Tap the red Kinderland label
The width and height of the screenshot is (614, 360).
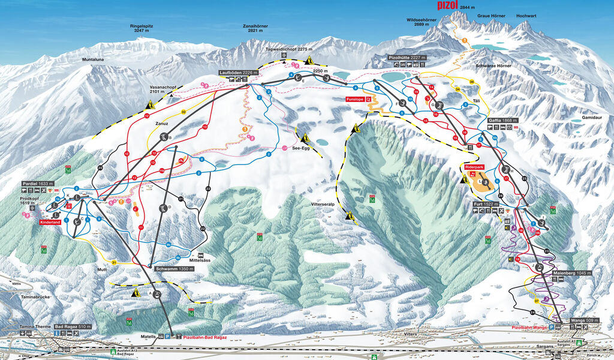click(x=51, y=223)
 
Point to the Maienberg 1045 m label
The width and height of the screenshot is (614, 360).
click(x=571, y=273)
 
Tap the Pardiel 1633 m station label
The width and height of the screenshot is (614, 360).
click(x=38, y=184)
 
